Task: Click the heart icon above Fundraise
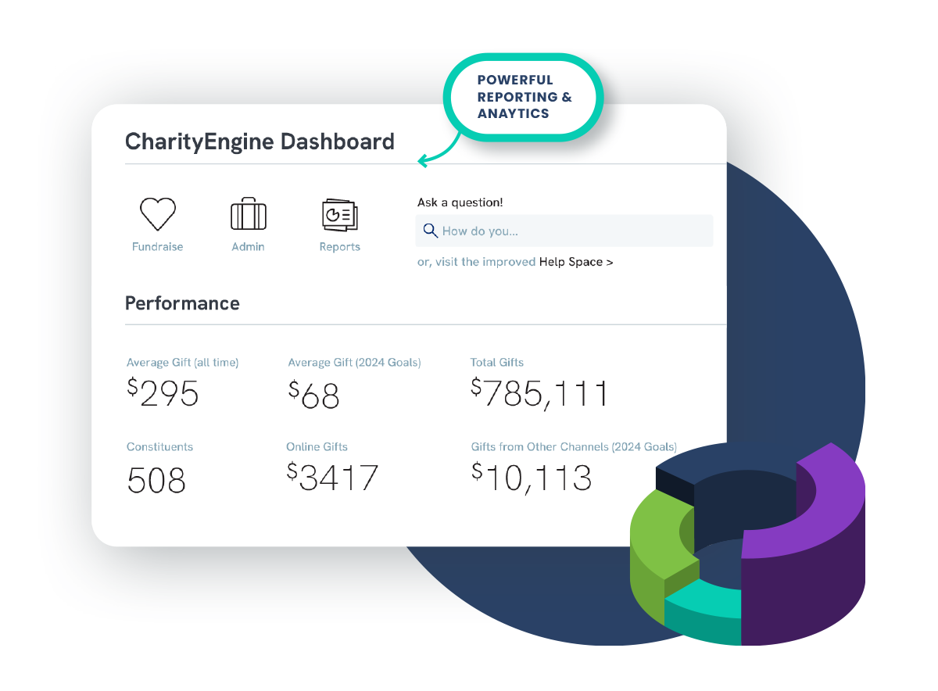tap(158, 213)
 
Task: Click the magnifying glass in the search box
tap(430, 231)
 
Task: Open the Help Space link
tap(575, 262)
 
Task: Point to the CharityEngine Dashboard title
tap(260, 141)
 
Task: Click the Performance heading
tap(182, 303)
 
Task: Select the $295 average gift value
tap(163, 392)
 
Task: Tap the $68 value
tap(314, 394)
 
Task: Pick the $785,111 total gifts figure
tap(539, 392)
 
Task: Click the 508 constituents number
tap(156, 479)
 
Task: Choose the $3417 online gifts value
tap(332, 477)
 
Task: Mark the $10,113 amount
tap(532, 477)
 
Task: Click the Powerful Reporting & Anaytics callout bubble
tap(524, 97)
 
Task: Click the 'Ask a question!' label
tap(460, 202)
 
